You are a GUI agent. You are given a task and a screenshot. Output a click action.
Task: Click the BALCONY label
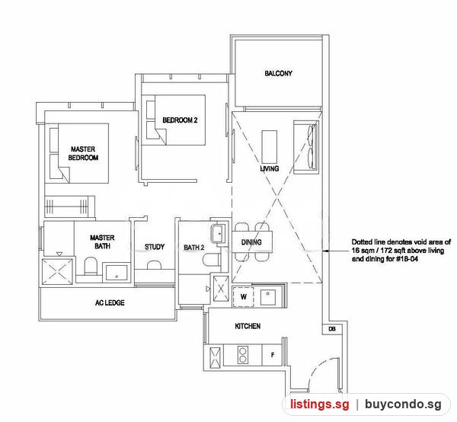pos(278,73)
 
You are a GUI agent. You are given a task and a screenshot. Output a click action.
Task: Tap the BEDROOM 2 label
pos(180,120)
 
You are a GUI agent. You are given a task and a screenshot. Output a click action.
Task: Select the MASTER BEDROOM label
pos(83,153)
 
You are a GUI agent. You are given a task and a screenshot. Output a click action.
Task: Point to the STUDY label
pos(155,247)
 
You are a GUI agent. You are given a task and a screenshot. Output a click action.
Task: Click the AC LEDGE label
pos(110,303)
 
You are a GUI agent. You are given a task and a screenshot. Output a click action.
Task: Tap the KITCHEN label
pos(248,326)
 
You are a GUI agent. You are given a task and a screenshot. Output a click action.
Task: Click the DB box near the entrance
pos(332,329)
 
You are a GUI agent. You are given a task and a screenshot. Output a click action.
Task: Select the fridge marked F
pos(272,355)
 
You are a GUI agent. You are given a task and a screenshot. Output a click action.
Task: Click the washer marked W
pos(244,296)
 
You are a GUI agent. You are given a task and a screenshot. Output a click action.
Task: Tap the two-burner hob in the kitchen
pos(243,355)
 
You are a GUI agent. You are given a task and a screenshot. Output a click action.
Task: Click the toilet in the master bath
pos(91,266)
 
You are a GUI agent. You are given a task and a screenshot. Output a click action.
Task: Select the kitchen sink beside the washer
pos(267,297)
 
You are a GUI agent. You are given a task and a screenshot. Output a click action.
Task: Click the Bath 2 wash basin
pos(219,233)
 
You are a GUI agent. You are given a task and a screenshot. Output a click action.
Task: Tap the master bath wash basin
pos(117,273)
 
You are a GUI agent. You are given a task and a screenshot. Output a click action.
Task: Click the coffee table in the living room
pos(270,147)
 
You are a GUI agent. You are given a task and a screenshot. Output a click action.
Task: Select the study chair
pos(154,264)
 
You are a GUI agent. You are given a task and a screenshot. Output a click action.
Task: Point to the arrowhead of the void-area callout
pos(325,251)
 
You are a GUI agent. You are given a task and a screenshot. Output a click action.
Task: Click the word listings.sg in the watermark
pos(319,404)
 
